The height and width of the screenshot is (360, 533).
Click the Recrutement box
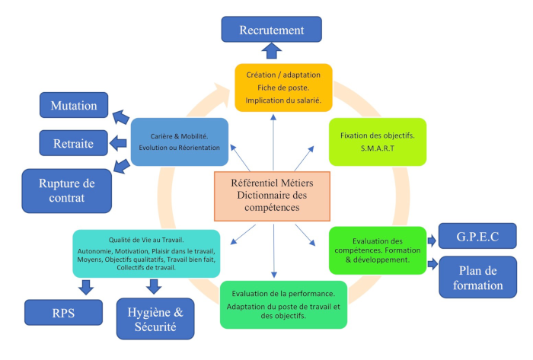point(271,30)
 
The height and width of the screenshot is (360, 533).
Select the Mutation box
point(74,105)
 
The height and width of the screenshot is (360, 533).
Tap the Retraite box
point(73,142)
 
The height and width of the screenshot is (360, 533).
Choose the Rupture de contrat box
point(68,190)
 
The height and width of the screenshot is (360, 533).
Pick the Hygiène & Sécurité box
point(155,317)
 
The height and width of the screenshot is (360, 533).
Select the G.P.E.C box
point(478,236)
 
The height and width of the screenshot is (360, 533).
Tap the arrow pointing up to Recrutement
point(272,52)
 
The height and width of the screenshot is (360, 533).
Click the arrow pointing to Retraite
point(119,142)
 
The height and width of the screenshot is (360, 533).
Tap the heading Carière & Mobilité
point(179,134)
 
